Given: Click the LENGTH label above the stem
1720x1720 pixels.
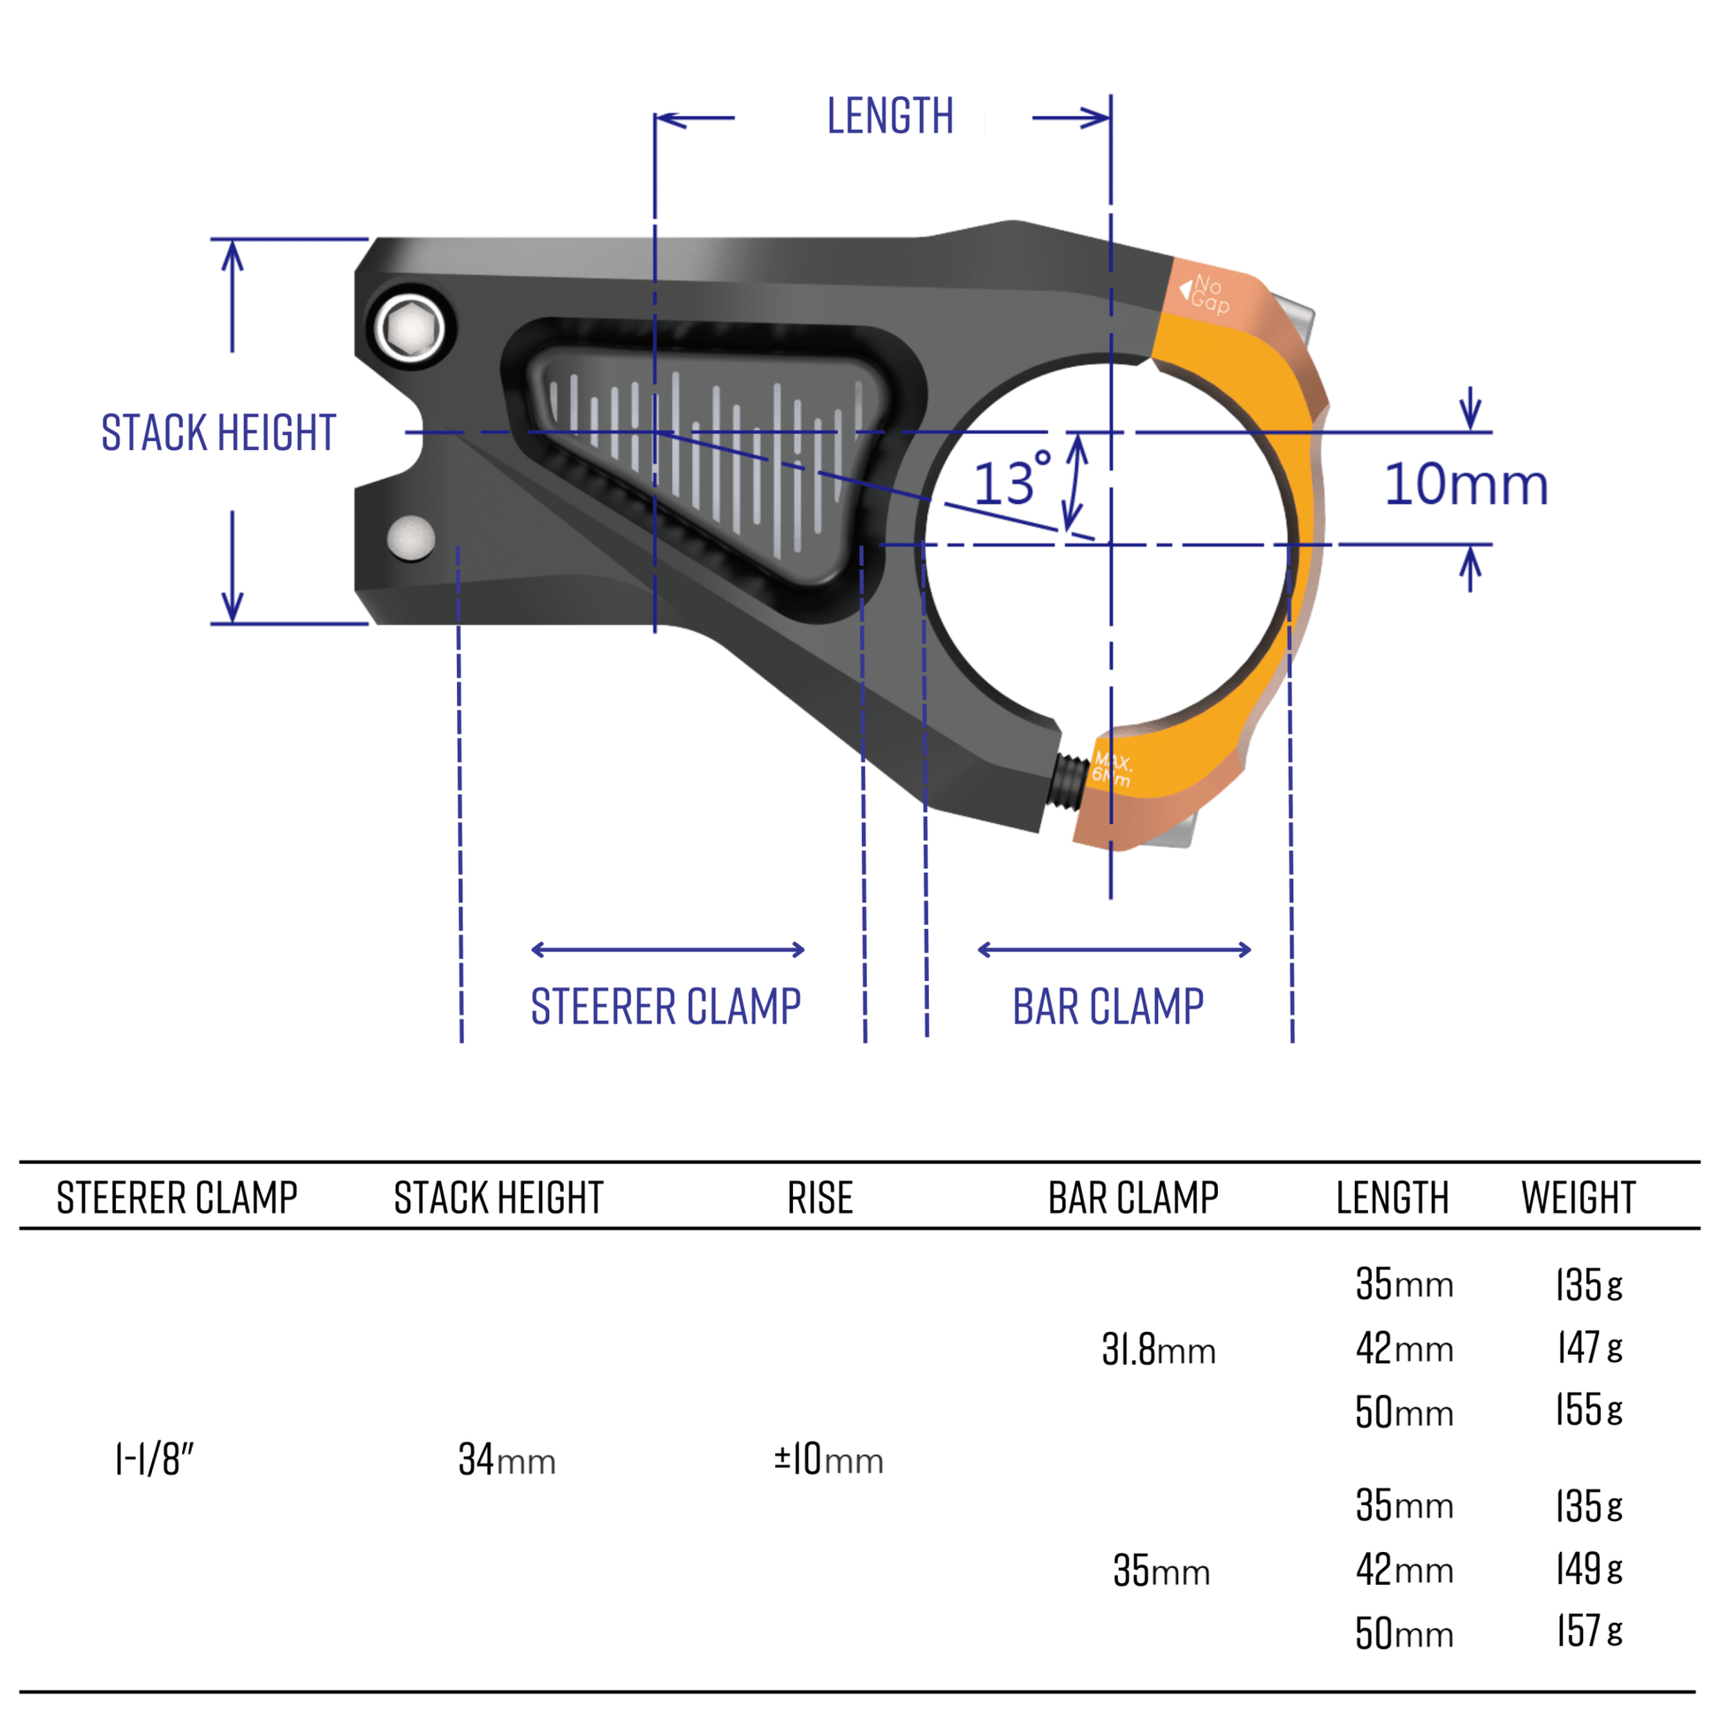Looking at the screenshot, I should [889, 117].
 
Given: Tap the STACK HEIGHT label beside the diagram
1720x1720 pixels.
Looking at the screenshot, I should [218, 433].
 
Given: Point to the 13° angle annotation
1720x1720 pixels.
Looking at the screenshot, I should [1010, 481].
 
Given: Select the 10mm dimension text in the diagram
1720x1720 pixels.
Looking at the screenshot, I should [1465, 485].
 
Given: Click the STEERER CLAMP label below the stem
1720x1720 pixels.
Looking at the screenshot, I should [666, 1007].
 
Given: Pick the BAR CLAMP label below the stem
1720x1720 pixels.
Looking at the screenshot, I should [1107, 1007].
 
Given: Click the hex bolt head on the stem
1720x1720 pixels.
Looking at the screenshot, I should [410, 329].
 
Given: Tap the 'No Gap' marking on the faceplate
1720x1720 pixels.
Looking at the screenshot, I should [1208, 293].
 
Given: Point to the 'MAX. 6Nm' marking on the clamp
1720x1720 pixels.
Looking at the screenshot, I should [1112, 769].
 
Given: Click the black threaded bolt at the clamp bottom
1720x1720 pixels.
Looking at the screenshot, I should [1071, 776].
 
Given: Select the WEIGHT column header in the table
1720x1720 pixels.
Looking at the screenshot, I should [1578, 1198].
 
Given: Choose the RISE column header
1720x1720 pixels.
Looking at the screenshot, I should [820, 1198].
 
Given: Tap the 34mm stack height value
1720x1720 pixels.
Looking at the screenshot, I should [506, 1460].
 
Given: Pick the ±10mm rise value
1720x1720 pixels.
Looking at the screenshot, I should [828, 1460].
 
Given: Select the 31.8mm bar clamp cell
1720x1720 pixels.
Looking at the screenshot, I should [1158, 1350].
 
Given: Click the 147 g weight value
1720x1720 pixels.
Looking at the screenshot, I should [1589, 1348].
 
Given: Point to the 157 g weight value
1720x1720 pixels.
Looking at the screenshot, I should [1589, 1631].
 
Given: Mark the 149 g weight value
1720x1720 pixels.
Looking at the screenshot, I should [1589, 1569].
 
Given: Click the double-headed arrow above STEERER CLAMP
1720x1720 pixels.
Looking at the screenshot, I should [667, 950].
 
